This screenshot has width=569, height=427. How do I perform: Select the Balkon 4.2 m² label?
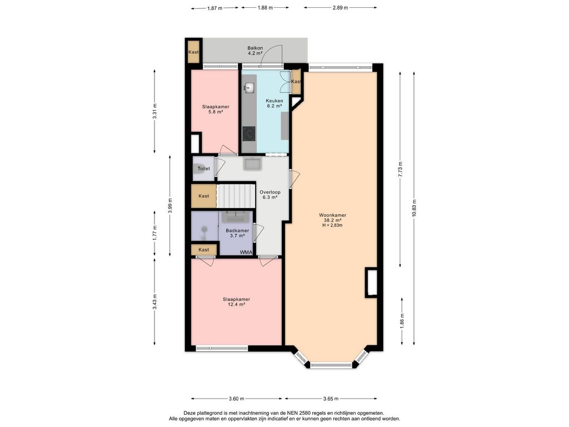255,51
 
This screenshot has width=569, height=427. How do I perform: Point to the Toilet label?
203,168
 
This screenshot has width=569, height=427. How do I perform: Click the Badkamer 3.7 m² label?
237,233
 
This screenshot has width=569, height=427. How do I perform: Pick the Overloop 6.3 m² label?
270,195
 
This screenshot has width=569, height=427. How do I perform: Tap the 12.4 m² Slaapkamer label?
236,302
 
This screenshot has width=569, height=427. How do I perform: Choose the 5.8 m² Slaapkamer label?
216,110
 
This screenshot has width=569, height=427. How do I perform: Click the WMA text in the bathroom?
246,252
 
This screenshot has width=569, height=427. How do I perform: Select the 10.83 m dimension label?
414,208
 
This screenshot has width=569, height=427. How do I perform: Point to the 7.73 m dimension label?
400,169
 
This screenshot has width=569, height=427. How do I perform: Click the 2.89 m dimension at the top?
340,8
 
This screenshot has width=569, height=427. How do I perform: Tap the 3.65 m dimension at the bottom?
331,399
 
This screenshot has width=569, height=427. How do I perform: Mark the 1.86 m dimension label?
402,320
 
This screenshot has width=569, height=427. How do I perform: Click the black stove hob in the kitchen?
249,133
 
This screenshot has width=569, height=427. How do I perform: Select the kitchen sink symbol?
249,87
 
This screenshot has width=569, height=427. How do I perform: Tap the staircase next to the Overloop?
236,196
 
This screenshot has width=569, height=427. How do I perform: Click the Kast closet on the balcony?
193,52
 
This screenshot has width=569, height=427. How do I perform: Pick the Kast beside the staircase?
203,196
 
